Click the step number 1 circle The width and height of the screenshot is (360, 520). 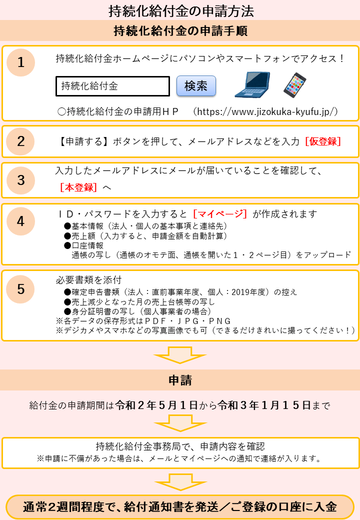click(x=21, y=62)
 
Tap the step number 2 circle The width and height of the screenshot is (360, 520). click(x=20, y=141)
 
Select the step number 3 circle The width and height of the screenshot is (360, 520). click(x=21, y=180)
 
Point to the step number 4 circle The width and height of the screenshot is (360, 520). click(x=20, y=221)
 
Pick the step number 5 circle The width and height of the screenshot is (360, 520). click(x=20, y=289)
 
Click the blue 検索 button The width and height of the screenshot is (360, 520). click(x=196, y=86)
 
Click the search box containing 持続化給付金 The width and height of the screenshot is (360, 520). click(x=112, y=86)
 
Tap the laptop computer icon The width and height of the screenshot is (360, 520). click(x=252, y=85)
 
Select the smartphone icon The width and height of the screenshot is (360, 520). click(x=294, y=85)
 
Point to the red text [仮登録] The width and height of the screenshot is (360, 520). click(x=323, y=141)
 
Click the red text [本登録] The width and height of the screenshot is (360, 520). click(x=78, y=187)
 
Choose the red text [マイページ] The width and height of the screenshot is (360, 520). click(x=220, y=214)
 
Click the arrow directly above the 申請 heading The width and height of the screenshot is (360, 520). click(x=180, y=355)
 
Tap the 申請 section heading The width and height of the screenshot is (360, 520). click(x=180, y=380)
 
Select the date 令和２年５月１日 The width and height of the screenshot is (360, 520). click(x=156, y=405)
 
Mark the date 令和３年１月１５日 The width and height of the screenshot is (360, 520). click(x=264, y=405)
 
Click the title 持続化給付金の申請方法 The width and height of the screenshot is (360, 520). click(x=181, y=11)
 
